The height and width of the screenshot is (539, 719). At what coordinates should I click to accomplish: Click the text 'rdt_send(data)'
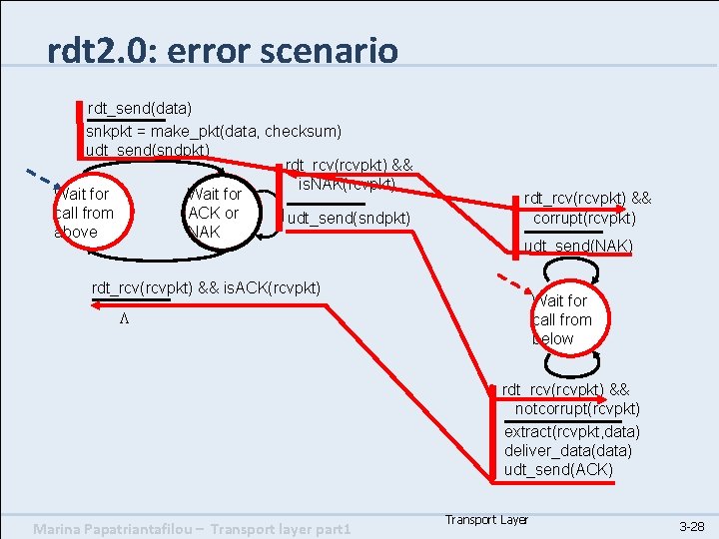click(140, 107)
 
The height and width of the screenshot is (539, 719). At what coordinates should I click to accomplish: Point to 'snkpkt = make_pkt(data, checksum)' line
click(214, 131)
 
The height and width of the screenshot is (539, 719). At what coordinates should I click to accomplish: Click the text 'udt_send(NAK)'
click(578, 246)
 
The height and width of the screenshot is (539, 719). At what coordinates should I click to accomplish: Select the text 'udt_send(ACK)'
click(559, 470)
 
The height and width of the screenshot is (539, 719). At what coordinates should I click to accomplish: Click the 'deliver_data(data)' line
click(568, 451)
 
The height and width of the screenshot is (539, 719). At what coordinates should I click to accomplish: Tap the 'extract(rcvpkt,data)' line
click(572, 431)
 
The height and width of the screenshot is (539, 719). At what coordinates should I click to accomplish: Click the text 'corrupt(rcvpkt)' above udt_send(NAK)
click(584, 219)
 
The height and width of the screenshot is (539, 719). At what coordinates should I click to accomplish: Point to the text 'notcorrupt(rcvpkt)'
click(577, 409)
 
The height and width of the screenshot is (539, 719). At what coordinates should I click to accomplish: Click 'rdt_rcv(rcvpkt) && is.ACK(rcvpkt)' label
click(206, 288)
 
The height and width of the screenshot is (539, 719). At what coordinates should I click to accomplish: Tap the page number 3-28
click(691, 525)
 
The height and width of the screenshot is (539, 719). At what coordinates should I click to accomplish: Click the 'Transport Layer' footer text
click(486, 520)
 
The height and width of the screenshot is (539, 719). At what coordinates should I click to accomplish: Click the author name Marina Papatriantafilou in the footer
click(121, 527)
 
